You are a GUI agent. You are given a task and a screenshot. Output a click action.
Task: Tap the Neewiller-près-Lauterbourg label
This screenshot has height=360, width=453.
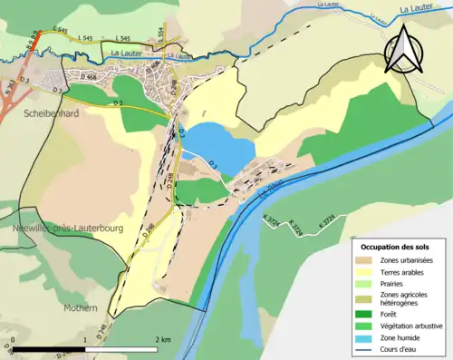(61, 229)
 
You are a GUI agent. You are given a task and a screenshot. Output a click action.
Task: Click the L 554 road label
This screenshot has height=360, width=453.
(160, 33)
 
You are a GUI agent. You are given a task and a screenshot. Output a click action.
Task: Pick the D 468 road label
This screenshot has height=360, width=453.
(88, 75)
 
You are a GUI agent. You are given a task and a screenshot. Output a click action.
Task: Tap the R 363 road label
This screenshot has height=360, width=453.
(10, 88)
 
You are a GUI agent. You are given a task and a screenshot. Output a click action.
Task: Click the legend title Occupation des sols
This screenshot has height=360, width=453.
(396, 246)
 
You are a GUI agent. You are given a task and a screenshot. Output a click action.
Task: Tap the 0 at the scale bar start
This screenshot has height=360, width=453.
(13, 339)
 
